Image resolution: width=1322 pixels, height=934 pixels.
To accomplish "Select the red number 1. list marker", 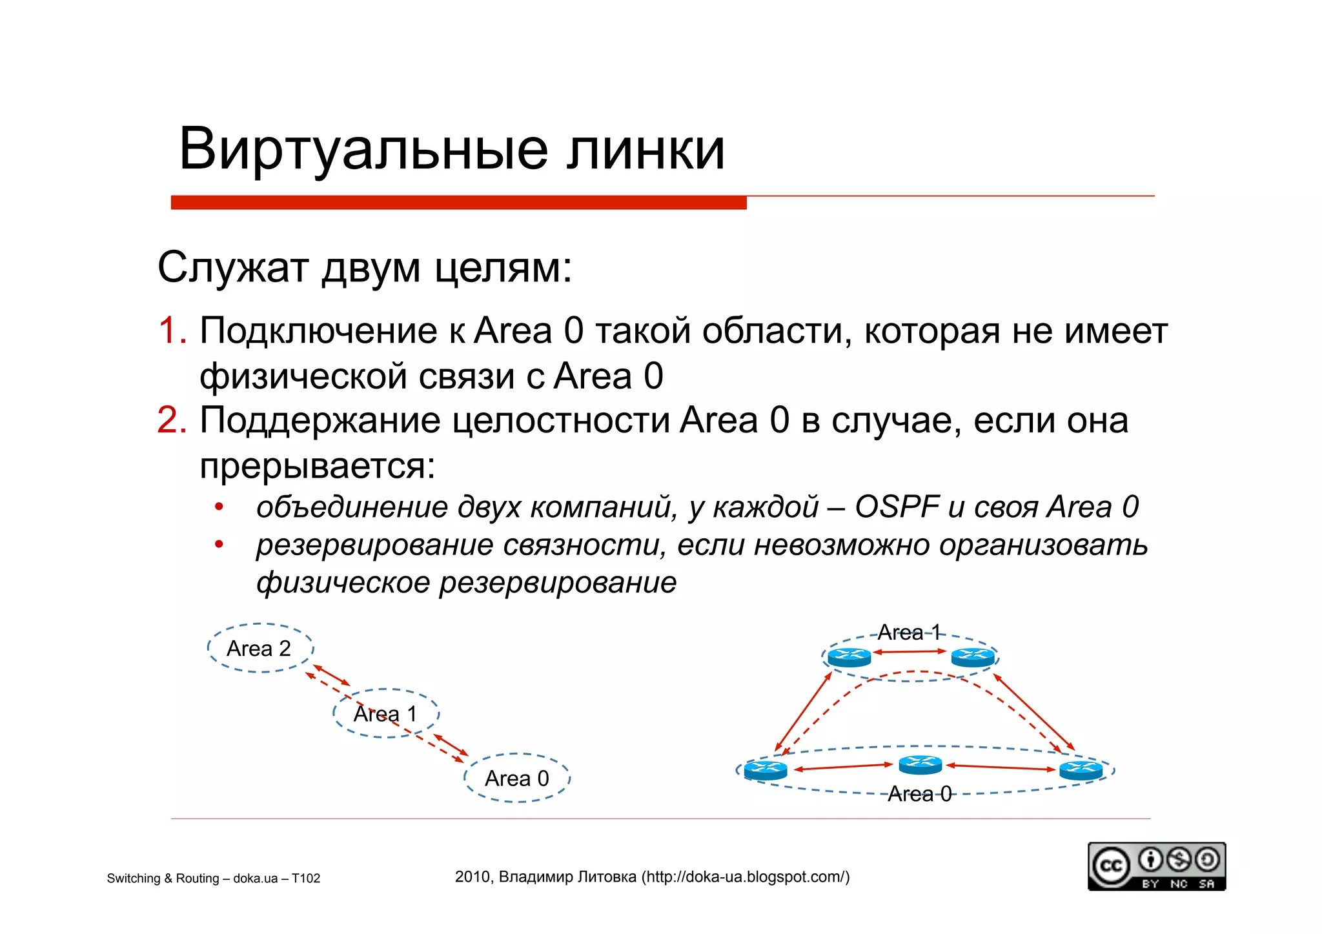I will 172,330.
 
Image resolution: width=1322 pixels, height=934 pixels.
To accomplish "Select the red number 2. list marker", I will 172,420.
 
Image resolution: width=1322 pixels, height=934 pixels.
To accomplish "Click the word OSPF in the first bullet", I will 896,507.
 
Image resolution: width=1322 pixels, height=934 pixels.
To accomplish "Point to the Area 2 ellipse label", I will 259,648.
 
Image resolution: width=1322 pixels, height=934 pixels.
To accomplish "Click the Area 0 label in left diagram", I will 516,778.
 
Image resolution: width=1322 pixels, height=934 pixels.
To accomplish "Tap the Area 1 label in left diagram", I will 385,714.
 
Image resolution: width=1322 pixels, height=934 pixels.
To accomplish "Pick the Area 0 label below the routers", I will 919,794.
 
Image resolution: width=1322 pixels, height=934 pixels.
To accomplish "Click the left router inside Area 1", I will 849,657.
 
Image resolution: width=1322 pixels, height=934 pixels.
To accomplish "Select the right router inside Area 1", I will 973,657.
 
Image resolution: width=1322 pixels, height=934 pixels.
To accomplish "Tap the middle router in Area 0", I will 920,766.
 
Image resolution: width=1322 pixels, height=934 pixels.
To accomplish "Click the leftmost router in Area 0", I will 765,769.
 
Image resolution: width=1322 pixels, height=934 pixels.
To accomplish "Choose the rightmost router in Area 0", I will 1081,769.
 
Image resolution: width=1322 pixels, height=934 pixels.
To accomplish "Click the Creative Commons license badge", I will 1156,866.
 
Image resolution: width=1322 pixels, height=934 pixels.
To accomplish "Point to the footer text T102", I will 306,878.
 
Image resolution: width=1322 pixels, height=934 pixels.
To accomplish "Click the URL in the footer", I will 746,877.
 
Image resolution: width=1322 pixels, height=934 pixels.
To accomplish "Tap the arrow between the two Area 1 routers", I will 910,652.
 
